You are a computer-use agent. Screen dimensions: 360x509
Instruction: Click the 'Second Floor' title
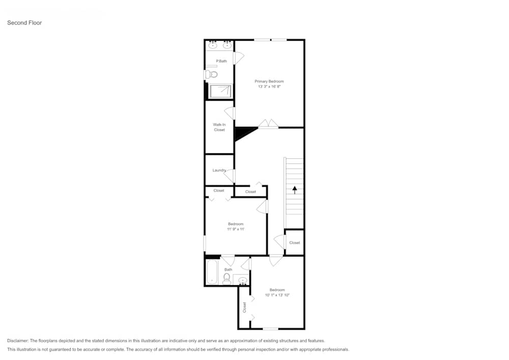coord(24,23)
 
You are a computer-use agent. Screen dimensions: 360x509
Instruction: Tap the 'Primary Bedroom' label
coord(269,81)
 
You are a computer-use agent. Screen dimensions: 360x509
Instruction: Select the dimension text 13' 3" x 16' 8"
coord(269,87)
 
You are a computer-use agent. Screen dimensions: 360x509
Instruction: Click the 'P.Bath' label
coord(221,61)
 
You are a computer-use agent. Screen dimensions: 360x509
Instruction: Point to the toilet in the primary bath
coord(212,74)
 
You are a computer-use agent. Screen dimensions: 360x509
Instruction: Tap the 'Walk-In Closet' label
coord(219,127)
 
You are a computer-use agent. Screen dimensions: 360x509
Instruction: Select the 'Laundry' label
coord(219,170)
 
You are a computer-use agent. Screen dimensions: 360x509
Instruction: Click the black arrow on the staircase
coord(294,189)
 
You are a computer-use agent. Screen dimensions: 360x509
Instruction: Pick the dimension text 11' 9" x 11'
coord(236,229)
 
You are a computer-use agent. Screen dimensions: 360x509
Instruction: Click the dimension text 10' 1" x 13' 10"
coord(277,295)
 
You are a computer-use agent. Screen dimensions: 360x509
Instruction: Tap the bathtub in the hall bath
coord(212,272)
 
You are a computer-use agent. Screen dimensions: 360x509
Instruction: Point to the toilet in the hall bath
coord(227,279)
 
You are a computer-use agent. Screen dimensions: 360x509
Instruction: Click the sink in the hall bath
coord(242,280)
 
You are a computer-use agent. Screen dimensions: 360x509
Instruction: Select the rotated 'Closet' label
coord(244,307)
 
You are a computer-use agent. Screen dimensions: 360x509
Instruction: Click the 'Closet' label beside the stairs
coord(294,243)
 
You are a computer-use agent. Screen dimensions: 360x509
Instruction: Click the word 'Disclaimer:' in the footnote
coord(18,341)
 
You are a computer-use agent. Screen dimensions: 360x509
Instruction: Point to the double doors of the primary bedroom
coord(268,124)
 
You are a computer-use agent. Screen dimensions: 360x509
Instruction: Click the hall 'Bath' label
coord(228,270)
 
